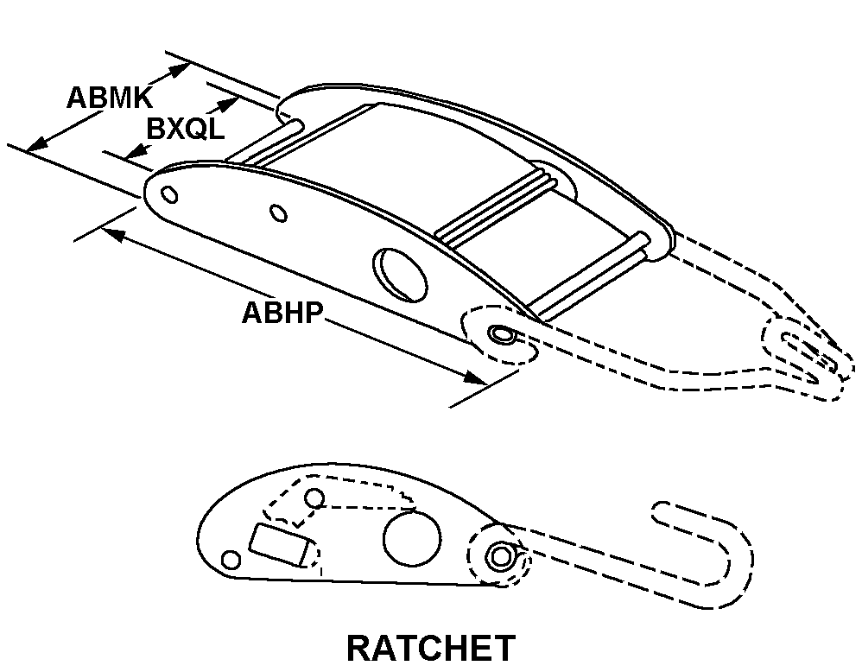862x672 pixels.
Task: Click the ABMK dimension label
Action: (x=110, y=98)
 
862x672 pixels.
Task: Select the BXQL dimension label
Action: (x=186, y=130)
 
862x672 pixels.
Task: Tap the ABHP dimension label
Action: (x=282, y=313)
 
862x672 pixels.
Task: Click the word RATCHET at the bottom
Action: (x=431, y=648)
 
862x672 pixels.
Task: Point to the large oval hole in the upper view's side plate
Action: (x=400, y=275)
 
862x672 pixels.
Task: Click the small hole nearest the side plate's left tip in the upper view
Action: (x=169, y=194)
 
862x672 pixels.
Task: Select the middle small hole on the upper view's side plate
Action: (x=279, y=212)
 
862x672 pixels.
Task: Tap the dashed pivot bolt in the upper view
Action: (x=501, y=334)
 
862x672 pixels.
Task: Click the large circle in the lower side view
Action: (x=412, y=538)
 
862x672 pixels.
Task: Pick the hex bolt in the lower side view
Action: (x=500, y=557)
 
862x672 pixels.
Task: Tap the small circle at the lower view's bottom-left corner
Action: (x=231, y=561)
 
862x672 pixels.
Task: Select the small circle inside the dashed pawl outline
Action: (x=314, y=498)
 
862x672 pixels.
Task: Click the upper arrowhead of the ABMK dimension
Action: (x=178, y=70)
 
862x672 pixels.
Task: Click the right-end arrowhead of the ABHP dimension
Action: (x=475, y=377)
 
